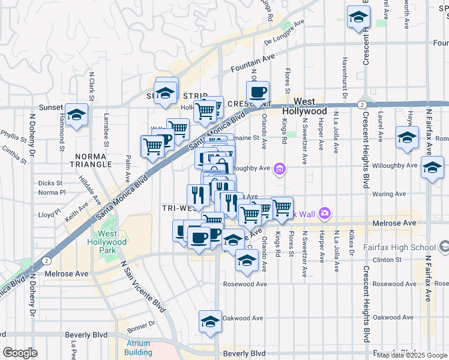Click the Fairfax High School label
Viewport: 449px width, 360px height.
pyautogui.click(x=400, y=247)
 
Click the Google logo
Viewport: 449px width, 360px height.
pyautogui.click(x=20, y=353)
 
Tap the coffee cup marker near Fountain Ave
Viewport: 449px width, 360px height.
pyautogui.click(x=258, y=92)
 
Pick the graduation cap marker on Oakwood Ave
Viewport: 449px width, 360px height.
pyautogui.click(x=211, y=321)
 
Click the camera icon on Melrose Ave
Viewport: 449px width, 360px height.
pyautogui.click(x=325, y=212)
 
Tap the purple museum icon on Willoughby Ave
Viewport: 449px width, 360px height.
pyautogui.click(x=279, y=170)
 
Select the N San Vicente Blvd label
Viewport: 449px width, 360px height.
pyautogui.click(x=143, y=287)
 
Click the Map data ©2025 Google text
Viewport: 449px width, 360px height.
pyautogui.click(x=412, y=355)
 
